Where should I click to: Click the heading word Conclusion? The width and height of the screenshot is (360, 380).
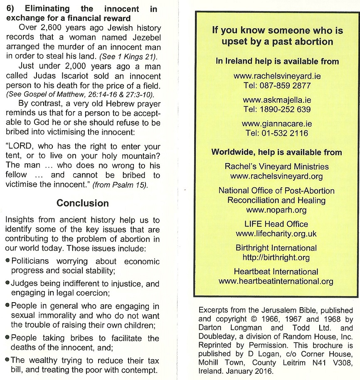(83, 203)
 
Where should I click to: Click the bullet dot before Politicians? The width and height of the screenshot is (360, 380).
(8, 261)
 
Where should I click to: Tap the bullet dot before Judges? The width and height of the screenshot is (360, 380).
(8, 283)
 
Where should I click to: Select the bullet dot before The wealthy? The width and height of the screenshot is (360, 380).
(8, 360)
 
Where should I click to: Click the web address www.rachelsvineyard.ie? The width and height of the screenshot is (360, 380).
(277, 76)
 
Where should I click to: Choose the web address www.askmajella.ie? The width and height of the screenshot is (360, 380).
(277, 100)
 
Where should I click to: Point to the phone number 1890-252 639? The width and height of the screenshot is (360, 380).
(285, 110)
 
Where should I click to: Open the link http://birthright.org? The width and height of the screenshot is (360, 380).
(276, 257)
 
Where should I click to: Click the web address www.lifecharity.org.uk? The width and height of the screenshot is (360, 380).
(276, 233)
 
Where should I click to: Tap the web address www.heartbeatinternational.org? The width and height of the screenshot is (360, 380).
(276, 281)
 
